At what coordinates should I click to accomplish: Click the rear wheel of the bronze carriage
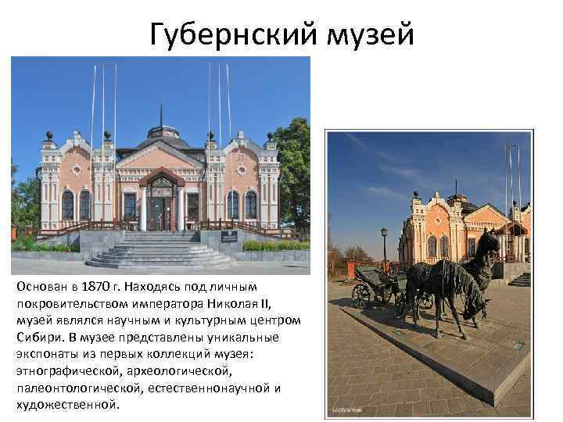361,295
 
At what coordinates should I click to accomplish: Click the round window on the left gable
76,170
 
